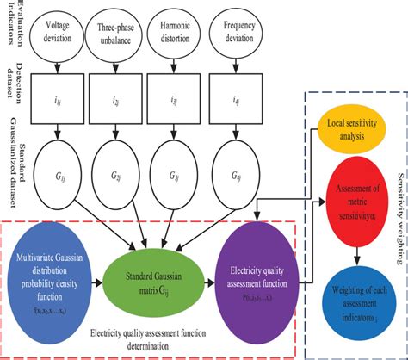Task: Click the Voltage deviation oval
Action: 57,32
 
